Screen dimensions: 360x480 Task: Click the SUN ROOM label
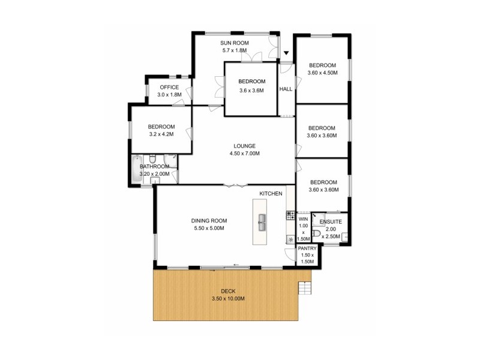click(x=233, y=43)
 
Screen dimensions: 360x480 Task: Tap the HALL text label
click(x=286, y=89)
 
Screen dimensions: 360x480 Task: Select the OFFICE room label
click(x=169, y=88)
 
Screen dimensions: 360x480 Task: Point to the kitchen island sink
click(x=262, y=223)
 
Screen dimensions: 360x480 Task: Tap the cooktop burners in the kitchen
click(x=290, y=214)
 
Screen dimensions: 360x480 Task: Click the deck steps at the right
click(x=305, y=289)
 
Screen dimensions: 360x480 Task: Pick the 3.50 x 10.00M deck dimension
click(x=228, y=299)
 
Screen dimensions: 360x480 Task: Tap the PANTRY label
click(x=307, y=248)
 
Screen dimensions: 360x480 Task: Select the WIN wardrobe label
click(x=303, y=220)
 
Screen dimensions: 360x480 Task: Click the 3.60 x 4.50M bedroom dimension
click(x=322, y=73)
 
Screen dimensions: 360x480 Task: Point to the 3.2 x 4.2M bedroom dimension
click(x=161, y=134)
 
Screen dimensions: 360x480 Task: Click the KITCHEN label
click(x=271, y=193)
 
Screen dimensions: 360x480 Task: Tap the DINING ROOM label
click(x=209, y=221)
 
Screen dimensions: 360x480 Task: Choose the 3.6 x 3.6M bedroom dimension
click(x=251, y=91)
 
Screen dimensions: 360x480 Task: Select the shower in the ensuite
click(x=319, y=219)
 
